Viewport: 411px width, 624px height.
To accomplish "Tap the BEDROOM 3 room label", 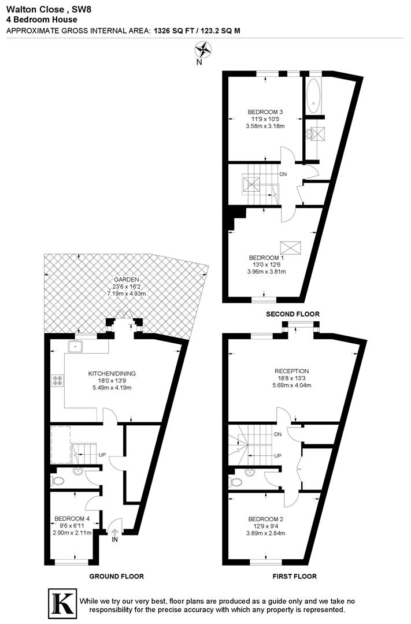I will [265, 112].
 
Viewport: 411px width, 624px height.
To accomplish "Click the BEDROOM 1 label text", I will [266, 258].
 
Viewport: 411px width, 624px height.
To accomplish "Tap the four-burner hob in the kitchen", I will [58, 380].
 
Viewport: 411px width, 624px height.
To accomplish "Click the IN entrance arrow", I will [114, 533].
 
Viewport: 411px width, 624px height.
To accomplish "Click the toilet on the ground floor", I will [57, 481].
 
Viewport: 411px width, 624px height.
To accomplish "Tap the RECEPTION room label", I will [292, 371].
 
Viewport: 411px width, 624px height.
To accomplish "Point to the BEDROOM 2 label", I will [266, 519].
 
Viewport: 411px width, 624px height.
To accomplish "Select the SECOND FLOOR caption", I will [292, 314].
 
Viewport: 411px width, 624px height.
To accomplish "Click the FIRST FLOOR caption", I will [294, 576].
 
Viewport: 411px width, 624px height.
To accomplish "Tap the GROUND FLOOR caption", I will [116, 576].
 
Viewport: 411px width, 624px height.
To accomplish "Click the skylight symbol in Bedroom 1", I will [288, 246].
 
